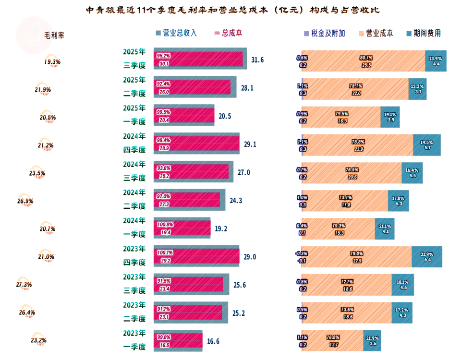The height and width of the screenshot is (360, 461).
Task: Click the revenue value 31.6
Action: pos(258,60)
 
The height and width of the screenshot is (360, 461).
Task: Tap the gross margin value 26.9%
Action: pos(25,201)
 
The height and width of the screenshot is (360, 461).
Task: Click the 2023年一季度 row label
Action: pos(134,340)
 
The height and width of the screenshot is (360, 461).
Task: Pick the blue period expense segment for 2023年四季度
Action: pos(426,257)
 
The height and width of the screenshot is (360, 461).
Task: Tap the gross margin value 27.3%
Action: pos(24,285)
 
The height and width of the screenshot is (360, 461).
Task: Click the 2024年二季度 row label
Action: pos(134,199)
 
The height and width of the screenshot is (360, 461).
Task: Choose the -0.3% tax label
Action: pos(302,253)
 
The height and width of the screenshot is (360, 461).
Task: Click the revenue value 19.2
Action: pos(221,229)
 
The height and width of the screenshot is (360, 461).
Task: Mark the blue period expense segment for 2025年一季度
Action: pos(390,117)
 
